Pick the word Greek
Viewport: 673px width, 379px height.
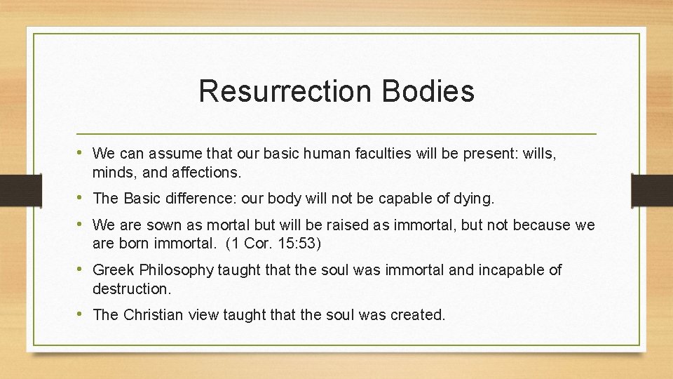112,270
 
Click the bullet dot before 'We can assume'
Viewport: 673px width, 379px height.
83,152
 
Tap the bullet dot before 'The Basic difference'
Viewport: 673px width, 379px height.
83,198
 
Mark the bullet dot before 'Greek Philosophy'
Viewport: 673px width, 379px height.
83,270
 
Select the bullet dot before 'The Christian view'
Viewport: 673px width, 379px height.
83,314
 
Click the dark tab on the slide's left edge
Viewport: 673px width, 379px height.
20,189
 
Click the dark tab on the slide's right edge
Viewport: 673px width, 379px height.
652,189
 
